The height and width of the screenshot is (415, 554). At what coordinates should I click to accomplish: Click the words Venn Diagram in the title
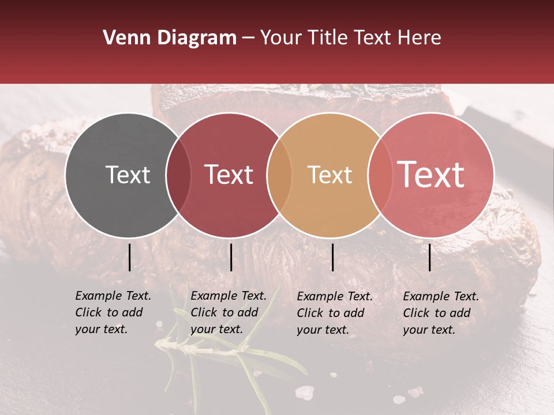[170, 38]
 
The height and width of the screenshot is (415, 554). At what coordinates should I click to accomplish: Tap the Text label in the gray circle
[128, 175]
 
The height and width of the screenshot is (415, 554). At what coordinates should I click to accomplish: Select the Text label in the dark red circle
[229, 175]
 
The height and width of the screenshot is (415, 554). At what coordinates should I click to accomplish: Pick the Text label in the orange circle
[330, 175]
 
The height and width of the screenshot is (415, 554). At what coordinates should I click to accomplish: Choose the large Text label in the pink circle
[431, 175]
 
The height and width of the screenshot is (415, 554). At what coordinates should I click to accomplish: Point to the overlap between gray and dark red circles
[178, 175]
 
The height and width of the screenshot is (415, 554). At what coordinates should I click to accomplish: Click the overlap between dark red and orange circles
[279, 175]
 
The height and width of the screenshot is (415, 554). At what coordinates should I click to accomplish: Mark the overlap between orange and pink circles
[380, 175]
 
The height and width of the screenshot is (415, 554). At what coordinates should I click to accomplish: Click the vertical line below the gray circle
[129, 257]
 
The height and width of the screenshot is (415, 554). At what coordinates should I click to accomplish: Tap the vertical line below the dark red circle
[231, 257]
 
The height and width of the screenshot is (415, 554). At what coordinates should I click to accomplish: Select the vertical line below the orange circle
[332, 257]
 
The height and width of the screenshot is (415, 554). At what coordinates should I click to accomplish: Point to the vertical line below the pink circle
[430, 257]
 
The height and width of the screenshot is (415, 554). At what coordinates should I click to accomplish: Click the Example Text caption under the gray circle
[113, 312]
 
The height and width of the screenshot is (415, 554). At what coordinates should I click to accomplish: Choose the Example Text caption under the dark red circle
[228, 312]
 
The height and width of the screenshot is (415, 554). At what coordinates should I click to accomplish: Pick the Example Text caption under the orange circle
[334, 313]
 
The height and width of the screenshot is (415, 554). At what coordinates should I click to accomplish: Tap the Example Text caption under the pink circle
[440, 313]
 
